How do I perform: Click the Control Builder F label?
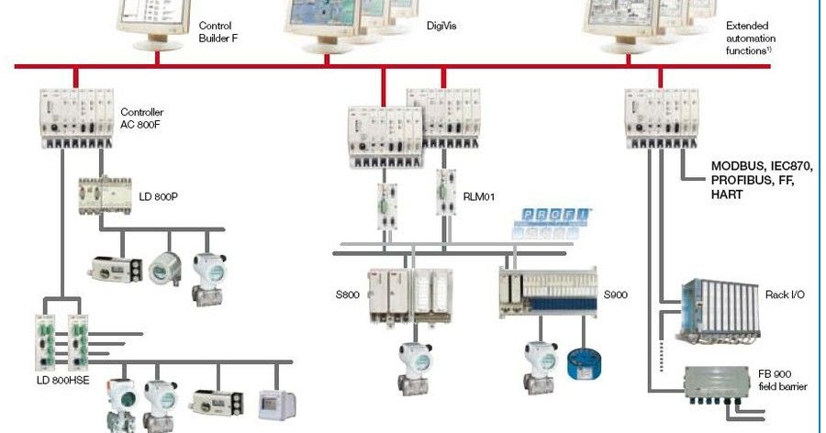(x=216, y=32)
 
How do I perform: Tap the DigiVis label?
(x=442, y=27)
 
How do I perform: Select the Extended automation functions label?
(x=751, y=39)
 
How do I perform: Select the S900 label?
(x=616, y=296)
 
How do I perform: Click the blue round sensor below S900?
(x=584, y=360)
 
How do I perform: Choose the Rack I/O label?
(x=785, y=294)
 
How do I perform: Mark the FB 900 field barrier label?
(x=783, y=380)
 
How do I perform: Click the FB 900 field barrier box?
(x=720, y=386)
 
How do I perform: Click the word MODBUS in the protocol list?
(x=739, y=167)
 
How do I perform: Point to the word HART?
(x=729, y=195)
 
